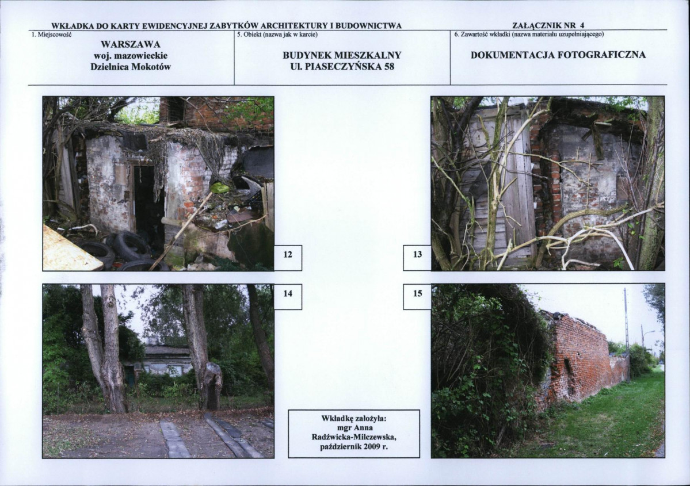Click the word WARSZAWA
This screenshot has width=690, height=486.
pyautogui.click(x=131, y=44)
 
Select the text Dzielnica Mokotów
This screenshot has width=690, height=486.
pyautogui.click(x=131, y=67)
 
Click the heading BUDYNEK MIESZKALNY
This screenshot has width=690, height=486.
pyautogui.click(x=342, y=55)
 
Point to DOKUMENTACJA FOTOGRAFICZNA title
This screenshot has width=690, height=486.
pyautogui.click(x=558, y=55)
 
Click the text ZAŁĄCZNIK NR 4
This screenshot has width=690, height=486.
pyautogui.click(x=548, y=25)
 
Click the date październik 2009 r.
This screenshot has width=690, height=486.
pyautogui.click(x=354, y=447)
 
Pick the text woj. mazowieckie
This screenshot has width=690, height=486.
pyautogui.click(x=131, y=56)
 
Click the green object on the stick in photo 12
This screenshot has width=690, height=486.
pyautogui.click(x=220, y=188)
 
